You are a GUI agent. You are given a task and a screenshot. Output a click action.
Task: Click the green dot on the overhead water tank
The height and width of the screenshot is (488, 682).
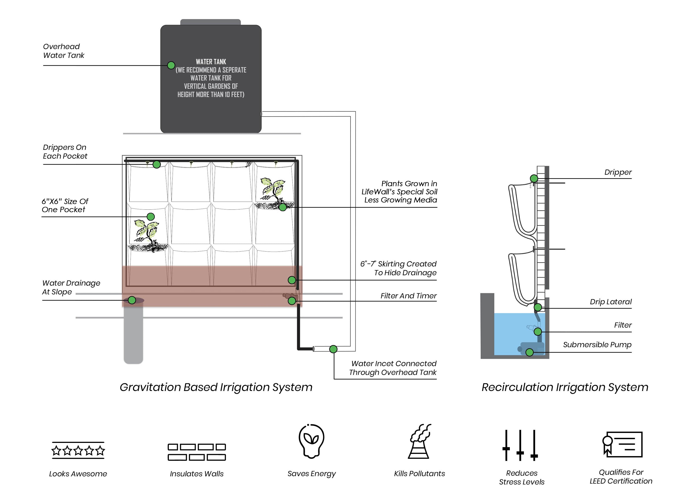point(171,65)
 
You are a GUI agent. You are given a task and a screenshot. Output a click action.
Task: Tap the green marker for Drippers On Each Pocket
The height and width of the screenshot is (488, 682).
point(157,164)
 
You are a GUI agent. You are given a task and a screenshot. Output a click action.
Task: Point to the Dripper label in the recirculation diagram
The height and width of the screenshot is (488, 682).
point(618,172)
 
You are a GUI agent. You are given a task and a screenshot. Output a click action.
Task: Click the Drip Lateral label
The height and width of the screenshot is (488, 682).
point(610,302)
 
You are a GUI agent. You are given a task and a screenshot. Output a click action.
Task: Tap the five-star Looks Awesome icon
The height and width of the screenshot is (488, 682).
point(78,450)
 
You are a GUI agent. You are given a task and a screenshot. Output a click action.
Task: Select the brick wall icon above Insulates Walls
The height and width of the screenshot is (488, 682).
point(197,452)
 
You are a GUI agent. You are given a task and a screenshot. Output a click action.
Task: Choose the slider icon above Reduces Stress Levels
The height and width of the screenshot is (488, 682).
point(520,445)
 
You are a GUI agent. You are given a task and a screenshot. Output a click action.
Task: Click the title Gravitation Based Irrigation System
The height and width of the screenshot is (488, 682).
point(216,387)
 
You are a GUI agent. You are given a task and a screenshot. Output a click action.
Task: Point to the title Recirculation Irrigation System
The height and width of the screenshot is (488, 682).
point(565,387)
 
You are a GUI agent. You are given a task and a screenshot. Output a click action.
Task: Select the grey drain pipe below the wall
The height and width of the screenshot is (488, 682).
point(133,334)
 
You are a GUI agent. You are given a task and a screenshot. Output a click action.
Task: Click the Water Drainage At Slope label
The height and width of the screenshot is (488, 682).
point(71,287)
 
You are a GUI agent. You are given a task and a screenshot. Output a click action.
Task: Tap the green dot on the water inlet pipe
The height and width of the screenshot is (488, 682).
point(333,349)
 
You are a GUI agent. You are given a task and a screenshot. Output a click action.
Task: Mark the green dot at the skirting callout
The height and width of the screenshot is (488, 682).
point(291,280)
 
